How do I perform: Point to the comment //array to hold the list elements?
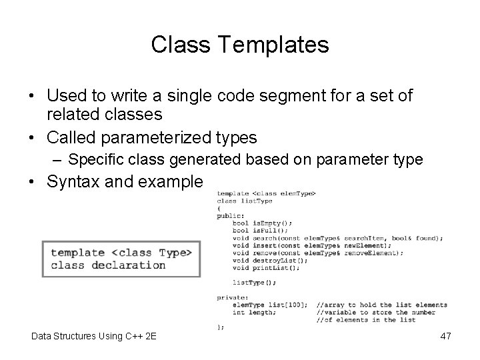click(x=381, y=305)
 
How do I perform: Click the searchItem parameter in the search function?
click(x=365, y=237)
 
